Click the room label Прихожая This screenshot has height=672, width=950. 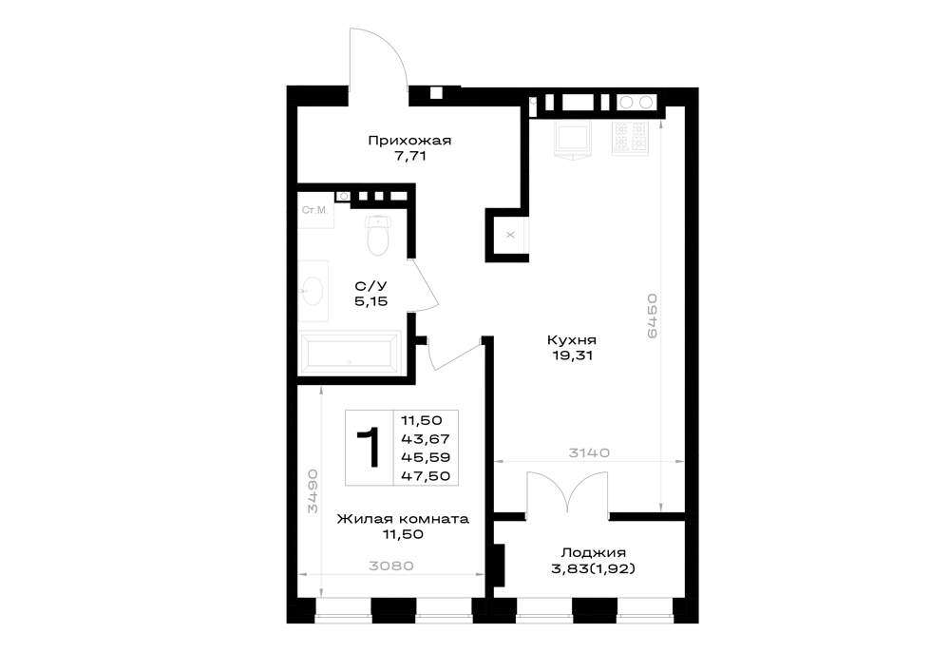409,142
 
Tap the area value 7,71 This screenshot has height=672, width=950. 410,156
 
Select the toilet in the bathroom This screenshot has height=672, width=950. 376,235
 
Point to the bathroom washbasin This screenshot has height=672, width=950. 313,292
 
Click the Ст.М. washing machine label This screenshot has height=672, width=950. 314,210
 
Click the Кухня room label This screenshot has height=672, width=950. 571,340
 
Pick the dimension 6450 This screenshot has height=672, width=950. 652,316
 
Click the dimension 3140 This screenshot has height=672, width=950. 589,452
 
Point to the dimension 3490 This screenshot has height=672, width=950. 312,490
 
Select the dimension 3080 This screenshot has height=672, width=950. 391,566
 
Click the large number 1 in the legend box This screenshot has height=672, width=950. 369,448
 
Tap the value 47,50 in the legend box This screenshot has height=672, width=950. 426,476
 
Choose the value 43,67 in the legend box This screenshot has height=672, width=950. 426,439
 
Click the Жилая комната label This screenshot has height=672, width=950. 403,519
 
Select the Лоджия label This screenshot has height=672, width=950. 593,552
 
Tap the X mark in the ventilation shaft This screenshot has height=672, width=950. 510,235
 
